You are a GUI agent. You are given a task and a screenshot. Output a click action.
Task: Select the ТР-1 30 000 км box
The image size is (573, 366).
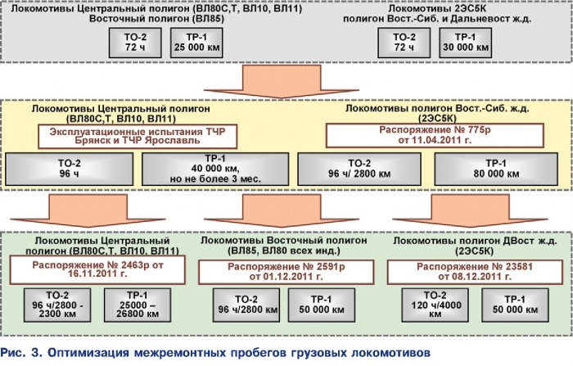(x=467, y=43)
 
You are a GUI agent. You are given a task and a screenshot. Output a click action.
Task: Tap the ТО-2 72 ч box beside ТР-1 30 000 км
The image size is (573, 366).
(x=404, y=43)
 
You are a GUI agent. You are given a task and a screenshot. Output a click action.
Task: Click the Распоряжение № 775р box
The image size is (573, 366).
(x=409, y=134)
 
